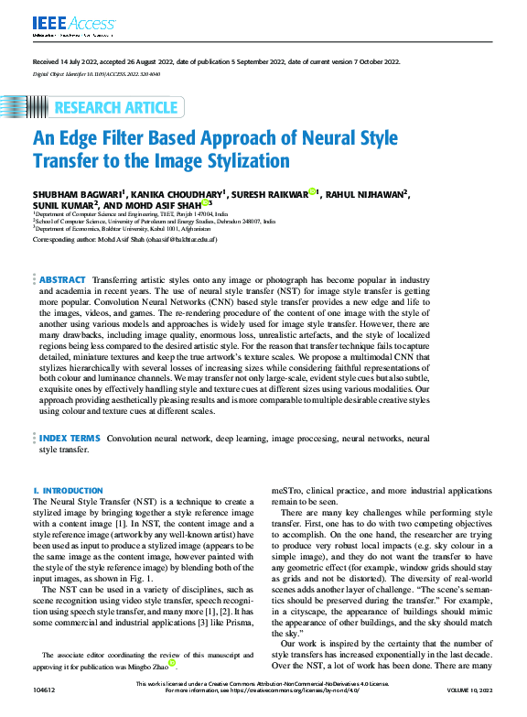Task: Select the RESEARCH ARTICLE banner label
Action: click(115, 108)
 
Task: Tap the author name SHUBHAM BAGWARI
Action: click(78, 194)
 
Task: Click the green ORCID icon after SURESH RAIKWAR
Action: click(312, 192)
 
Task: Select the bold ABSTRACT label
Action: click(62, 279)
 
